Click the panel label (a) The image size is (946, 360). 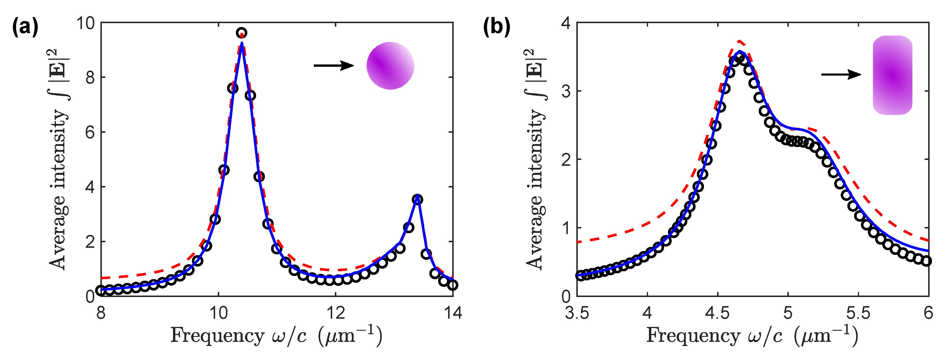click(25, 28)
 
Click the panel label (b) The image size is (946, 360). click(496, 28)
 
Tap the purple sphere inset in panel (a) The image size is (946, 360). click(390, 66)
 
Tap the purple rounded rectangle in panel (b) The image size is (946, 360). click(892, 75)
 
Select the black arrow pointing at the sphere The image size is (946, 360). click(333, 66)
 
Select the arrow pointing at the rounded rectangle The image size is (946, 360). click(841, 75)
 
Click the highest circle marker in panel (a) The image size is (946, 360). click(241, 33)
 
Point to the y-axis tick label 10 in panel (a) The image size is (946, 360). click(85, 23)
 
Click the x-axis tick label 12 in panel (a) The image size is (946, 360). click(336, 313)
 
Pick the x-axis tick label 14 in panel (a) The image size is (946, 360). click(453, 313)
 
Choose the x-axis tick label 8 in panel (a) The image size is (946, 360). click(101, 313)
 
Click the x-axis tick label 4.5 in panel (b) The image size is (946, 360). click(717, 313)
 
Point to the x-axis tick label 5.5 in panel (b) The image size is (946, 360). click(858, 313)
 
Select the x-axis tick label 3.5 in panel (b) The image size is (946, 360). click(577, 313)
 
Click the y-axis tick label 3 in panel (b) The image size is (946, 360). click(566, 91)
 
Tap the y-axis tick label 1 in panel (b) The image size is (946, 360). click(566, 228)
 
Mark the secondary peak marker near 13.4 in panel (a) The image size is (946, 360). click(417, 200)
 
